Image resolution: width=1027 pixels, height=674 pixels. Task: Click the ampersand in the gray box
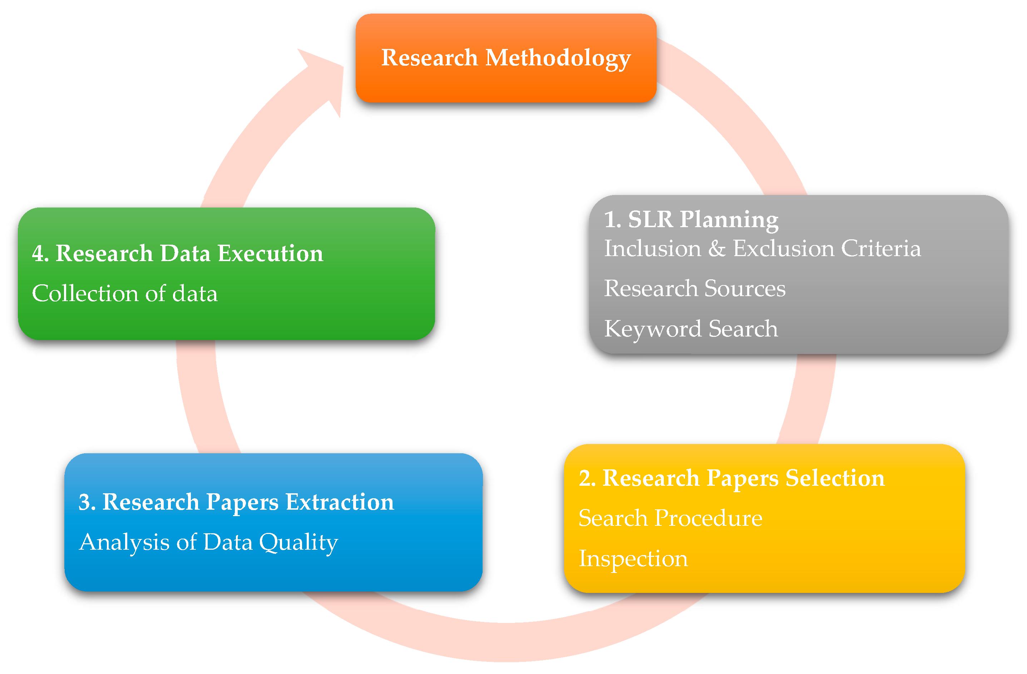717,249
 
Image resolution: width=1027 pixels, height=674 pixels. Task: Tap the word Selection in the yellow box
835,478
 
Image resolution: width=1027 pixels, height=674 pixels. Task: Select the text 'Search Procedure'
670,518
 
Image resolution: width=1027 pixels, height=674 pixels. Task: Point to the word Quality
298,543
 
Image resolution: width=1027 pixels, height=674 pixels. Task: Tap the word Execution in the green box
271,253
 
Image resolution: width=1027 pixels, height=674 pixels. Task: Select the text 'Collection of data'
125,294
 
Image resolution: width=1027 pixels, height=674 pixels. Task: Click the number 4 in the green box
38,253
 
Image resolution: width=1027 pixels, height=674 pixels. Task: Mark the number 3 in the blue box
85,502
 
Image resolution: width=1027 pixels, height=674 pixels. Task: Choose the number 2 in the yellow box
585,478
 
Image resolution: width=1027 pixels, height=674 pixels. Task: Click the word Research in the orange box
429,58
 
